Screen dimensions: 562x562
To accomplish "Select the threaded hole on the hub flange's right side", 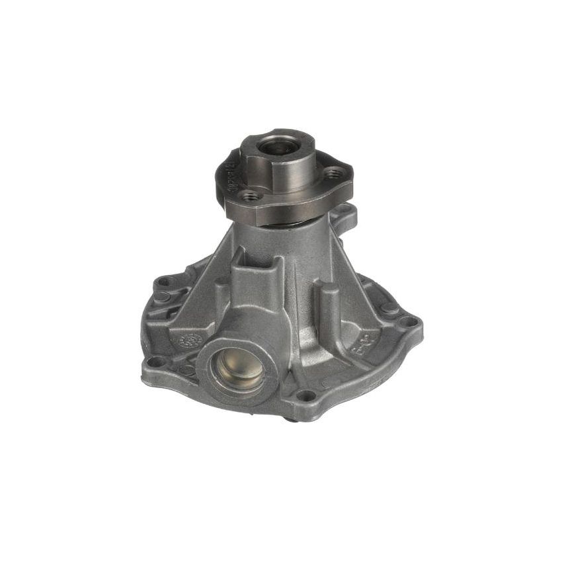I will pos(335,173).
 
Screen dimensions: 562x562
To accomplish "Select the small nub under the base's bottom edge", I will pos(290,418).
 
